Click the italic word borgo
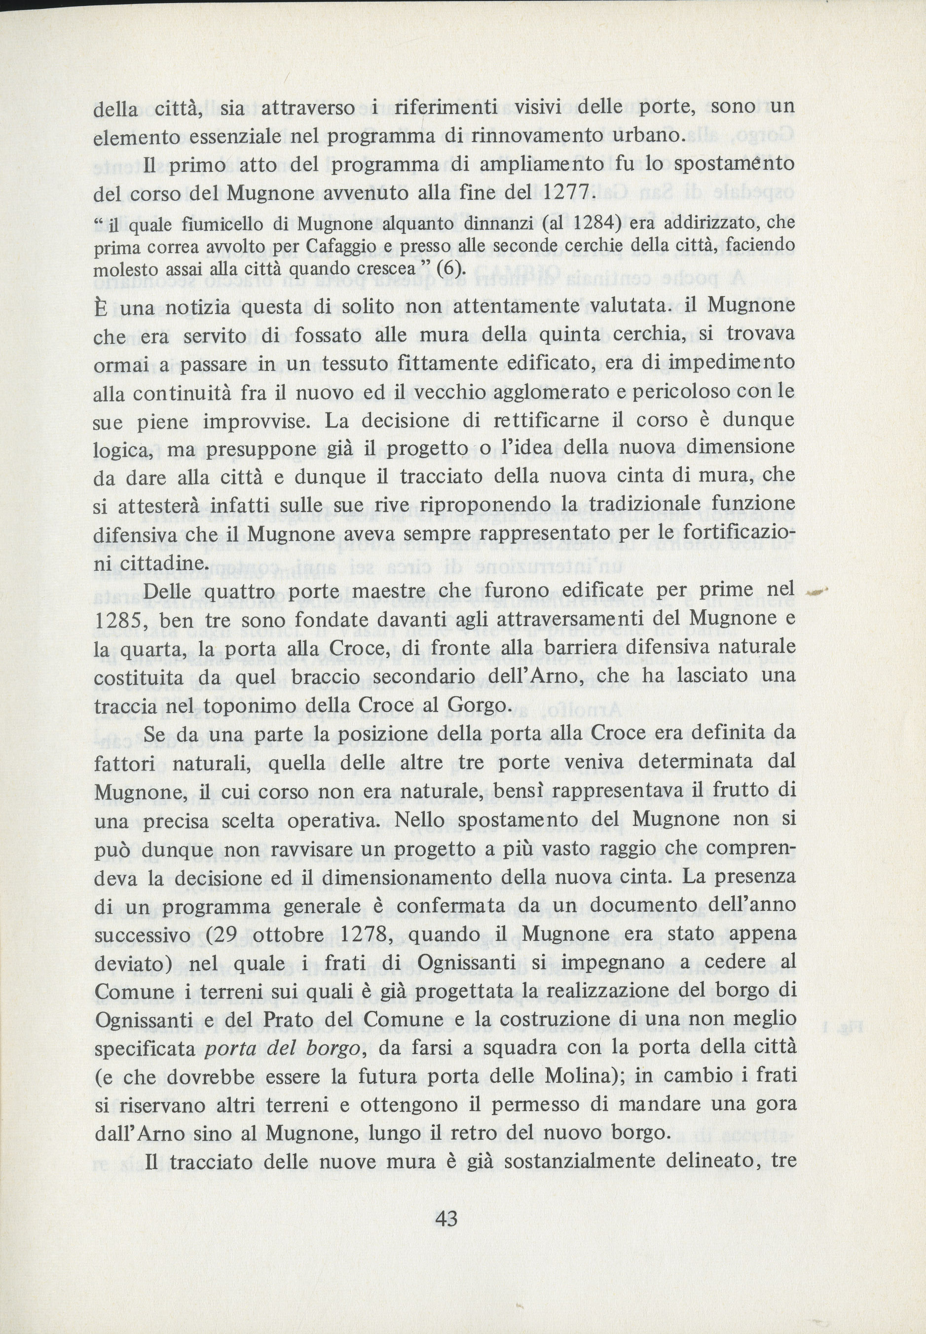click(333, 1048)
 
